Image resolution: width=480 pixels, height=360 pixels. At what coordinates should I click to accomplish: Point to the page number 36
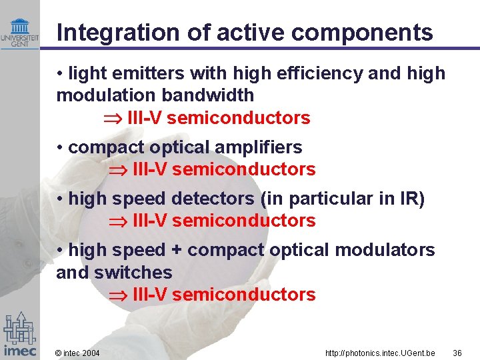[x=457, y=353]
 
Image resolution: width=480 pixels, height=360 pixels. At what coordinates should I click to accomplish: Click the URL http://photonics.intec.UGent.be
[x=380, y=353]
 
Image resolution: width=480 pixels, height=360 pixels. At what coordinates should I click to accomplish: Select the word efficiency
[x=315, y=73]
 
